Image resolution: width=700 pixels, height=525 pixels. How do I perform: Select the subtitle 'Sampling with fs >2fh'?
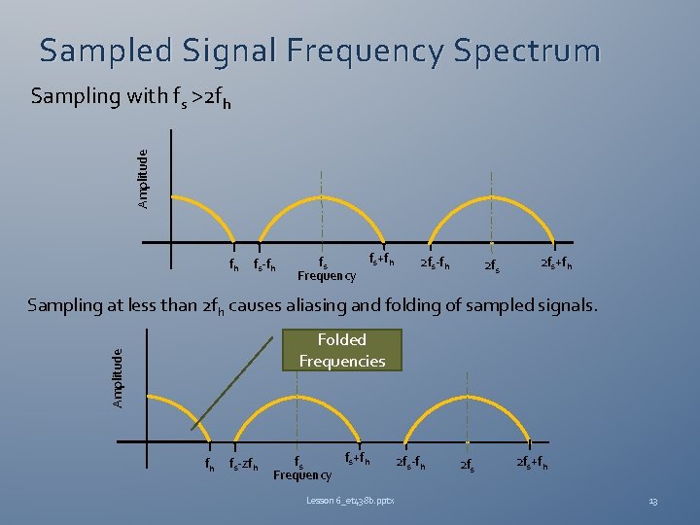tap(130, 97)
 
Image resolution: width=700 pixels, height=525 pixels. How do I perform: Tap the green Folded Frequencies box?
tap(341, 351)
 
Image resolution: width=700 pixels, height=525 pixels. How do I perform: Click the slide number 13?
tap(653, 501)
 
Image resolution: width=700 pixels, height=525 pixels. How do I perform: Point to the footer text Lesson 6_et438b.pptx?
tap(349, 500)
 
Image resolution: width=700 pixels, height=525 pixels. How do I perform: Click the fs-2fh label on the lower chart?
tap(244, 465)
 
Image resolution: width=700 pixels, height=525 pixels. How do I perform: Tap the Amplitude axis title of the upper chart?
tap(143, 179)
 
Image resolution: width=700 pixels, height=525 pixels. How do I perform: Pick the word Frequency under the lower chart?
tap(302, 474)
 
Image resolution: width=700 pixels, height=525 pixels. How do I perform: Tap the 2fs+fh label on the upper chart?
tap(555, 263)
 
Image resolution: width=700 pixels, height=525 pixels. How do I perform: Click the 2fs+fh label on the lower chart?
tap(531, 463)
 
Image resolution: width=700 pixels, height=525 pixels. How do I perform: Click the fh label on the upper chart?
tap(233, 263)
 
